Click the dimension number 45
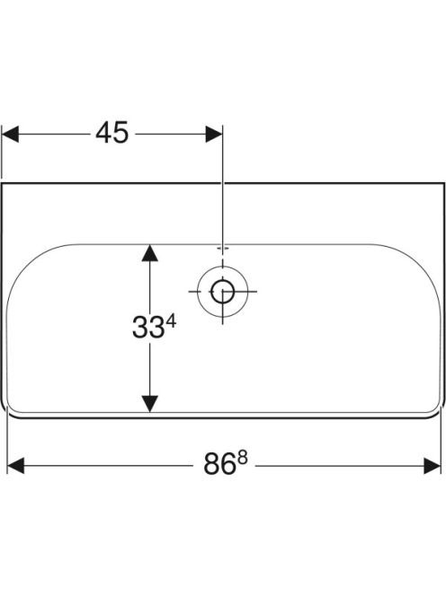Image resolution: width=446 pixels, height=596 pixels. click(x=112, y=134)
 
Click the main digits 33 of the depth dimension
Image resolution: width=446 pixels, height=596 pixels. click(x=148, y=328)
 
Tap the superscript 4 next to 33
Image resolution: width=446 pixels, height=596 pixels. click(x=172, y=322)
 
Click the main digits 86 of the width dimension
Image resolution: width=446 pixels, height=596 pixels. click(x=219, y=464)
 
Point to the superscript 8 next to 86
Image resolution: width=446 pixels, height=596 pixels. click(x=243, y=460)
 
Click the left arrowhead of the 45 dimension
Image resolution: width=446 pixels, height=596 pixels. click(x=10, y=134)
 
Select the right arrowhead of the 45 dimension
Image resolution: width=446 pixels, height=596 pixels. click(x=214, y=134)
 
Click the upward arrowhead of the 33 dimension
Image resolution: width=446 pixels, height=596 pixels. click(x=149, y=253)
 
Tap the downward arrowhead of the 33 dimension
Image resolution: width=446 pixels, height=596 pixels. click(x=149, y=404)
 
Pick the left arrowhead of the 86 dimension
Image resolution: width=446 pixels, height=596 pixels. click(x=15, y=466)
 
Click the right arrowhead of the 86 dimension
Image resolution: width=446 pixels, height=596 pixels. click(x=433, y=466)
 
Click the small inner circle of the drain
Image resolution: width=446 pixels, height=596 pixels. click(x=222, y=292)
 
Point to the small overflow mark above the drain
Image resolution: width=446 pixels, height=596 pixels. click(x=223, y=249)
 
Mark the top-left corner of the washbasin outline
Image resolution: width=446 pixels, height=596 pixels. click(x=2, y=183)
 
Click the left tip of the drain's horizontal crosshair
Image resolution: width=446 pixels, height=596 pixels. click(x=189, y=292)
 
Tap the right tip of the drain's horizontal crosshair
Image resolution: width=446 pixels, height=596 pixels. click(x=256, y=292)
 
